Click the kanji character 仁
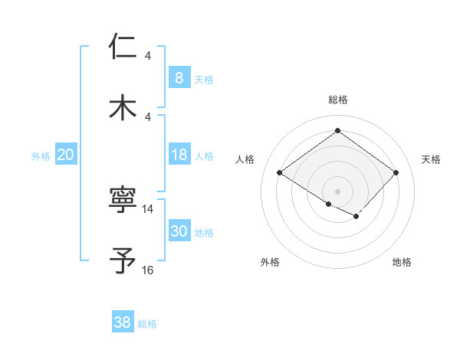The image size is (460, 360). (x=123, y=47)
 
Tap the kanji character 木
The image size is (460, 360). (x=123, y=106)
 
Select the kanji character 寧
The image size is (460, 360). (x=123, y=201)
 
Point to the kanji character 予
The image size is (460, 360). (x=123, y=260)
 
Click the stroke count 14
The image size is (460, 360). (x=148, y=208)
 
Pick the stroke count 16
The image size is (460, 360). (x=148, y=270)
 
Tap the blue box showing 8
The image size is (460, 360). (x=179, y=78)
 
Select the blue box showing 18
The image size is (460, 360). (x=179, y=155)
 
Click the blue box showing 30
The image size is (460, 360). (x=179, y=231)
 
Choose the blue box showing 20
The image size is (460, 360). (x=65, y=155)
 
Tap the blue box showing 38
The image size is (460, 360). (x=122, y=322)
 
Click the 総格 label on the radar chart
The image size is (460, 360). (x=338, y=100)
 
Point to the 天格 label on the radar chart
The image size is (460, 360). (x=432, y=159)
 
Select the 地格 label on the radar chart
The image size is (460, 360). (x=402, y=263)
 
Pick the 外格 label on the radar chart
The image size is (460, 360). (x=270, y=263)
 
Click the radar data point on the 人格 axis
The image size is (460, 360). (x=280, y=172)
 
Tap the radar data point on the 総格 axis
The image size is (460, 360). (x=337, y=130)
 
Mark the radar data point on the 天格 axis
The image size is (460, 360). (x=396, y=172)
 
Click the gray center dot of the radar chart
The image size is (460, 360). (x=337, y=191)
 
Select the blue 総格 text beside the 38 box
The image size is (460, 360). (x=147, y=324)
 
